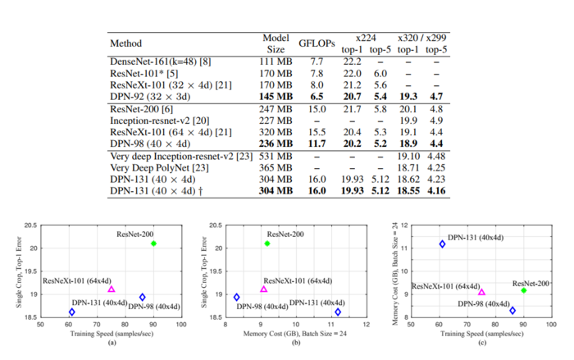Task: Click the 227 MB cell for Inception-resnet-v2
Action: point(276,119)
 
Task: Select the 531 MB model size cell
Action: point(276,154)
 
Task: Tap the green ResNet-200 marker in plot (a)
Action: point(153,244)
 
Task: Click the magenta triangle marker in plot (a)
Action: point(112,289)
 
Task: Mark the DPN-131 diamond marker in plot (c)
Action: point(442,244)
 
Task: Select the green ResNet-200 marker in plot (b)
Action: point(266,244)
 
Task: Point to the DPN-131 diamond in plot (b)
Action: point(338,312)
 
